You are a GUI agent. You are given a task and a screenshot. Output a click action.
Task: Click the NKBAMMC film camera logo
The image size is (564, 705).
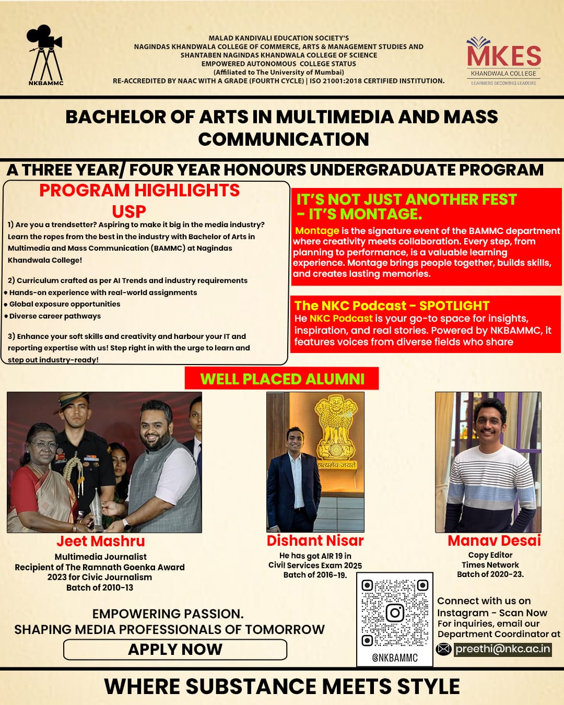tap(45, 55)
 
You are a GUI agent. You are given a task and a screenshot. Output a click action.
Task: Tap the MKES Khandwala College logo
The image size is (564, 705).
tap(503, 60)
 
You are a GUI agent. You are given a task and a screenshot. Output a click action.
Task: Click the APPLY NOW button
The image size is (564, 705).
tap(175, 649)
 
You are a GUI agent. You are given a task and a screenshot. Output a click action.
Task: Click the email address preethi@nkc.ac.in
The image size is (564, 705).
tap(502, 649)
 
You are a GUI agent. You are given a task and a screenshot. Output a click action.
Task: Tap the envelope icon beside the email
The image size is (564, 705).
tap(443, 649)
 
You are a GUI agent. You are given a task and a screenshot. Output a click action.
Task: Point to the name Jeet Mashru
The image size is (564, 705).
tap(101, 541)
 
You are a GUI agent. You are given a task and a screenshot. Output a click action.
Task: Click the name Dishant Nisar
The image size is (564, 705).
tap(315, 540)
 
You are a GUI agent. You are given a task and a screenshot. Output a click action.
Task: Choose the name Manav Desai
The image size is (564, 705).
tap(494, 540)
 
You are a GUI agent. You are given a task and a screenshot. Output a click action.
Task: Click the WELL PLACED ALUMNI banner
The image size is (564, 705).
tap(282, 379)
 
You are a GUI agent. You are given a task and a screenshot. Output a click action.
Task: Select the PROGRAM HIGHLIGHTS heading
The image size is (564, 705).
tap(139, 191)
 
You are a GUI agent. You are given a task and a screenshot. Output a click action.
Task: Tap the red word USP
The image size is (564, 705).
tap(129, 211)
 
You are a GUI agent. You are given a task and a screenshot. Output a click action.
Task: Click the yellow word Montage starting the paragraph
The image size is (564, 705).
tap(317, 230)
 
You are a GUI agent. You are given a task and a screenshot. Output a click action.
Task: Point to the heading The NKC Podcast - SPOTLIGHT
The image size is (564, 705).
tap(392, 305)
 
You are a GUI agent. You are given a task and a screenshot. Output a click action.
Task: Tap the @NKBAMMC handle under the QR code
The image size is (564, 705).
tap(395, 658)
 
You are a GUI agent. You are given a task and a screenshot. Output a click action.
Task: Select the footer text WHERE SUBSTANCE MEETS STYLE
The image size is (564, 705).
tap(282, 686)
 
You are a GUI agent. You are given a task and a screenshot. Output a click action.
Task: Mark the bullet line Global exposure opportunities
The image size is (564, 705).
tap(65, 304)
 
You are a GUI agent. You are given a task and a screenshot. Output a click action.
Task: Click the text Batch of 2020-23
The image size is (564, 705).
tap(490, 574)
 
